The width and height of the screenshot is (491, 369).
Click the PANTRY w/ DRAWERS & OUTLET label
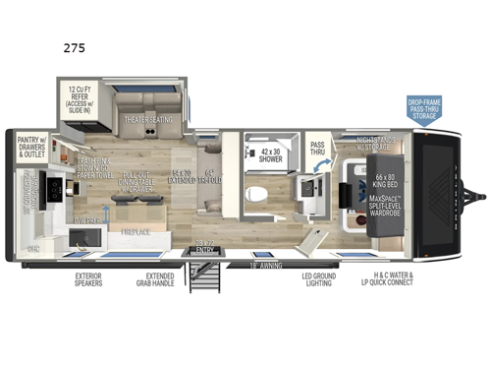[34, 148]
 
